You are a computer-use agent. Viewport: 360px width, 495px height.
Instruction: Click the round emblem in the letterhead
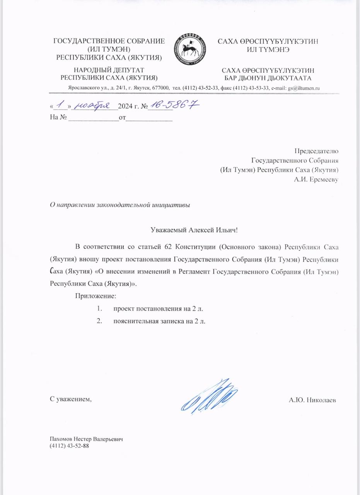190,49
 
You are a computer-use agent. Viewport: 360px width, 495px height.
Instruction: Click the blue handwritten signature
209,396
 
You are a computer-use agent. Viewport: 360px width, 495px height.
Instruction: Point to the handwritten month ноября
92,104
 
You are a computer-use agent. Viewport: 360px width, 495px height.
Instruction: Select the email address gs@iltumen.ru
304,88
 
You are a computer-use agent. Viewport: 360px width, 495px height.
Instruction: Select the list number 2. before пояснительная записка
99,321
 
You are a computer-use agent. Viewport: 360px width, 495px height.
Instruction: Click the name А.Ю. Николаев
312,400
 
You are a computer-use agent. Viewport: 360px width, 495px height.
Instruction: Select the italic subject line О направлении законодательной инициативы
120,205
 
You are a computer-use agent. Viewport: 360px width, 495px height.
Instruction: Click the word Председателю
317,151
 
